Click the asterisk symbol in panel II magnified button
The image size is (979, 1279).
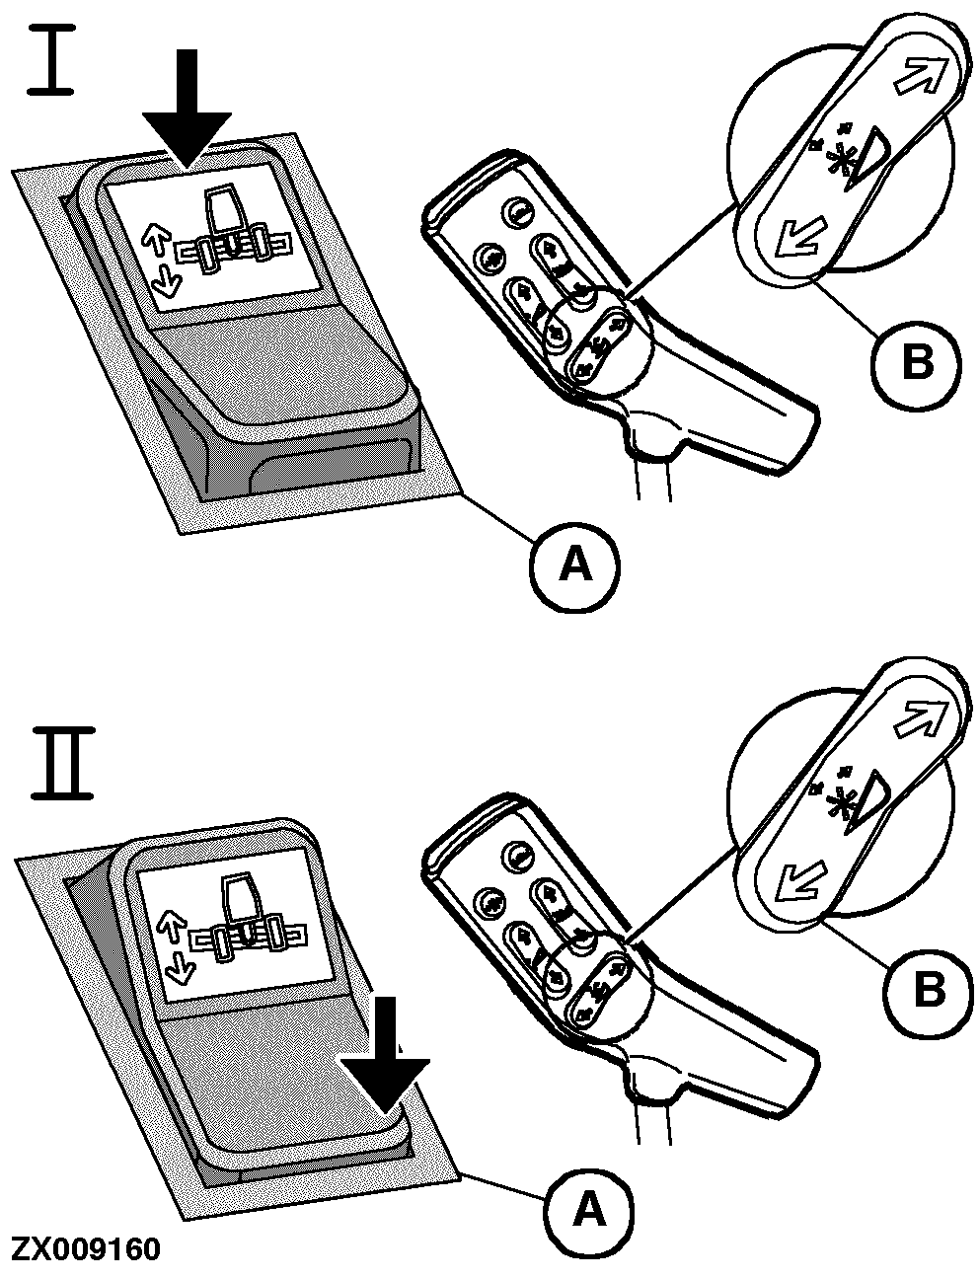(x=841, y=795)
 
